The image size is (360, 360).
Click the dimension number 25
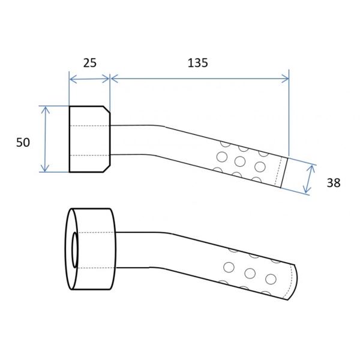90,63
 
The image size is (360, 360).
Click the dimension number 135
197,63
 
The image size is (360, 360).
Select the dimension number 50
23,143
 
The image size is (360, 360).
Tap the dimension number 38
334,183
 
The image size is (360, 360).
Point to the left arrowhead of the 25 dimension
73,79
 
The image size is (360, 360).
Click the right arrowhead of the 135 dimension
285,79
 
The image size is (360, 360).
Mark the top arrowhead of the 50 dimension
45,110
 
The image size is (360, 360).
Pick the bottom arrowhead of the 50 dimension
45,168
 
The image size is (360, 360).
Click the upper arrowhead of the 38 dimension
312,168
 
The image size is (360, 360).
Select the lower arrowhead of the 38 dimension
307,189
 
